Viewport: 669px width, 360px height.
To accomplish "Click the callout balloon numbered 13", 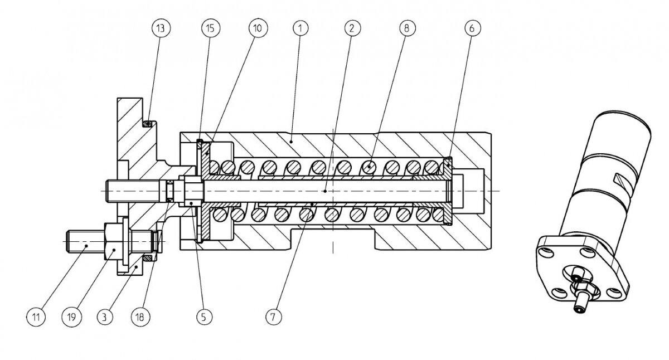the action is [161, 28].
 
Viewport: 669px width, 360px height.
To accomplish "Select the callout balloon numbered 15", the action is [210, 28].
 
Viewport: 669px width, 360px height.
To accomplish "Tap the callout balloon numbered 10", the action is [258, 28].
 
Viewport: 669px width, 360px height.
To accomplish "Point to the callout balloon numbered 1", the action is [300, 28].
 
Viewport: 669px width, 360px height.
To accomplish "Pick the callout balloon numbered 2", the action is [352, 28].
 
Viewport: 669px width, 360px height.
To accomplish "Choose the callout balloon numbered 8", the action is [408, 28].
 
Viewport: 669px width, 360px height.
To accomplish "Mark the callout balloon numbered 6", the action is [473, 28].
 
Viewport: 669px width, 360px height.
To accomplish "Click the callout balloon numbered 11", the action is [36, 317].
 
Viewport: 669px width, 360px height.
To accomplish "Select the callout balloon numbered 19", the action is [71, 317].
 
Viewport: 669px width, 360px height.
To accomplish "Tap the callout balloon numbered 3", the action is [105, 317].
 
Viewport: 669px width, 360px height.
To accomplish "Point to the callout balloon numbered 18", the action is [140, 317].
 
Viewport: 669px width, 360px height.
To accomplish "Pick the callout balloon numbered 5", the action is [204, 317].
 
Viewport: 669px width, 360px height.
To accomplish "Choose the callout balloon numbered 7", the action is [273, 317].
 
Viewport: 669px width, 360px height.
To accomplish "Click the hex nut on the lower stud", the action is [114, 242].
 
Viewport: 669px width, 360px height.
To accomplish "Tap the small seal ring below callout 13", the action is [149, 123].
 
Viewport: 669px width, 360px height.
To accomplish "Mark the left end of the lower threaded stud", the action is [66, 241].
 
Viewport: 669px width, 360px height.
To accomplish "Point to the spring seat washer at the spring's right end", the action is [448, 191].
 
